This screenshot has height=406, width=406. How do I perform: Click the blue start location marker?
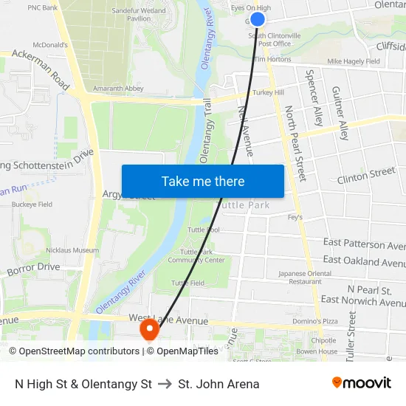coord(258,19)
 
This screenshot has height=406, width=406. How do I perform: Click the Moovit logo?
coord(362,383)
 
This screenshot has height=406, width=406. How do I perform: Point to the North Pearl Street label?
coord(295,144)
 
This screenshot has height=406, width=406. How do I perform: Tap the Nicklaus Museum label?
coord(72,250)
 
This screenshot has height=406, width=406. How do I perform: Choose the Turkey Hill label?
coord(267,92)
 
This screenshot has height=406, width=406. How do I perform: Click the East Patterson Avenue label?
coord(364,244)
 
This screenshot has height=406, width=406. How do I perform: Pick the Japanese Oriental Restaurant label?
coord(305,277)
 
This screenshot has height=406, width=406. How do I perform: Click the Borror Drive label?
coord(33,269)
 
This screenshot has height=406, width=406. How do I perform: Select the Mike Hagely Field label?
coord(354,62)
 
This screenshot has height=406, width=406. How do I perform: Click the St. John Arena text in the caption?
coord(219,384)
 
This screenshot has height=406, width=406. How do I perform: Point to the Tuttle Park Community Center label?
coord(196,255)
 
